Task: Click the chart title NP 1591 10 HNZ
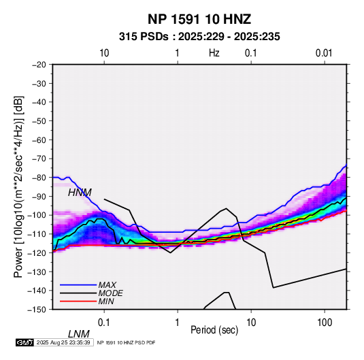tap(199, 19)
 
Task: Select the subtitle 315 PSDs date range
tap(199, 37)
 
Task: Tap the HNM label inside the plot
tap(80, 193)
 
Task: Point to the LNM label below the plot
tap(79, 334)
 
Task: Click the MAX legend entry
tap(107, 284)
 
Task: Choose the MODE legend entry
tap(110, 293)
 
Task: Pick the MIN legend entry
tap(106, 301)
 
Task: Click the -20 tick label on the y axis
tap(39, 65)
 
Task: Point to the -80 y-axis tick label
tap(39, 178)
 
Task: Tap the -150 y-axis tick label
tap(37, 310)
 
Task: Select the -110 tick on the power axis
tap(37, 234)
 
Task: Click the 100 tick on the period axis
tap(325, 323)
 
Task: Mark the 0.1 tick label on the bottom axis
tap(104, 323)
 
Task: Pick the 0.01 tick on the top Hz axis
tap(324, 53)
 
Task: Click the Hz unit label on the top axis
tap(214, 53)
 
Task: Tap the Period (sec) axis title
tap(214, 330)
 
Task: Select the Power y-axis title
tap(18, 186)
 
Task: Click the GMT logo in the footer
tap(24, 342)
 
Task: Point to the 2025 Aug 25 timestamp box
tap(63, 342)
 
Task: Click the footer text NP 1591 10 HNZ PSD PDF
tap(126, 342)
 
